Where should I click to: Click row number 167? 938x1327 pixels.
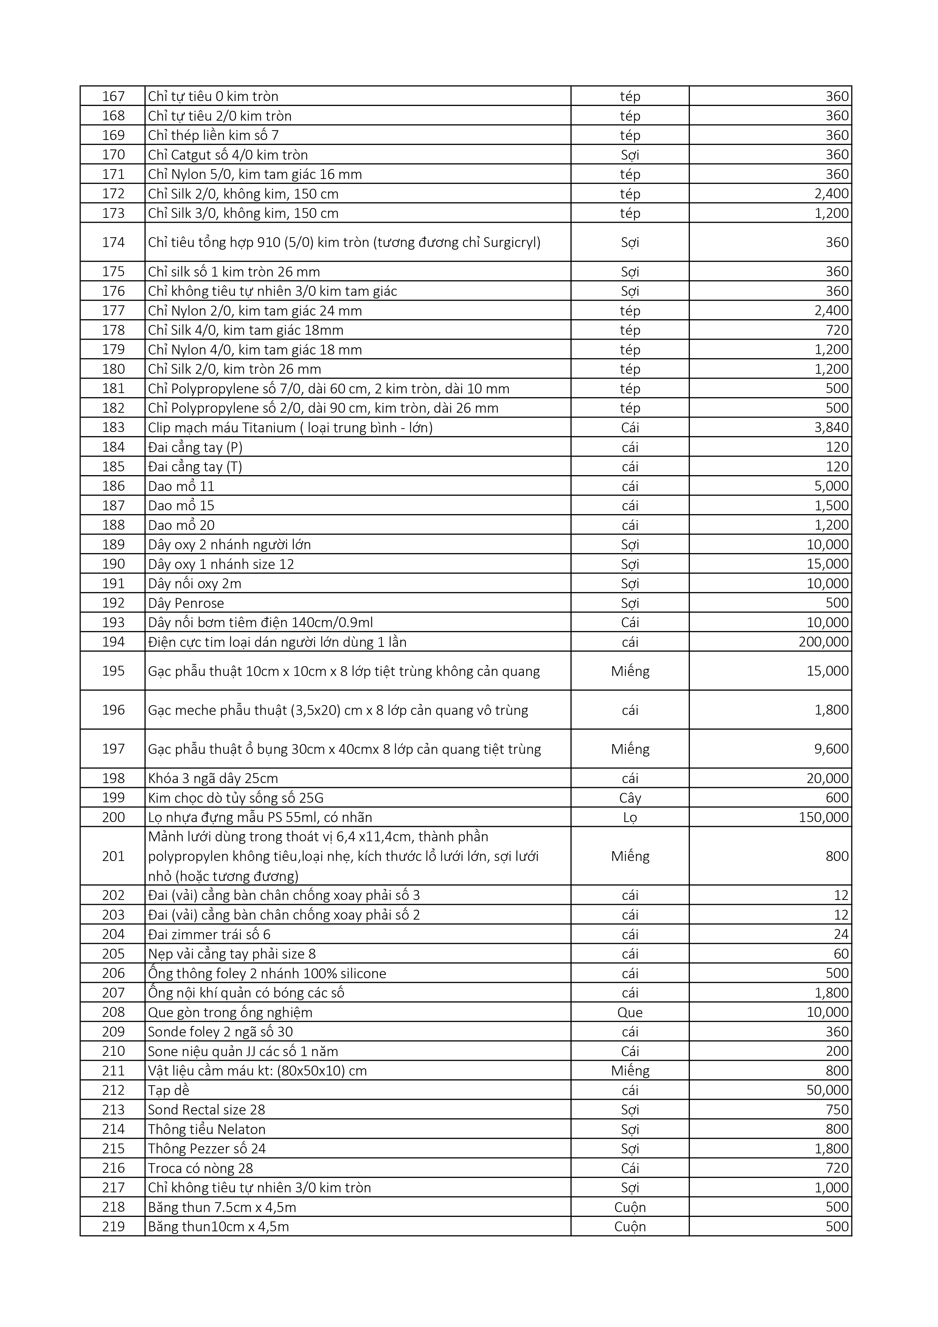tap(113, 96)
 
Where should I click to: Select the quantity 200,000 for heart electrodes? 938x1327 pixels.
tap(823, 642)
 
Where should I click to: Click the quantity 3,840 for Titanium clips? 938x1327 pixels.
tap(832, 428)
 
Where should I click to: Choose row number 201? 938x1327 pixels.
tap(113, 856)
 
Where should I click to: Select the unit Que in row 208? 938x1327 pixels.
tap(630, 1013)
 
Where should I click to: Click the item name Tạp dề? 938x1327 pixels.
tap(168, 1091)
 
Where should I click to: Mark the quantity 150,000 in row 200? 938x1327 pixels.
tap(823, 817)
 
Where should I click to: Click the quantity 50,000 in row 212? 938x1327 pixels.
tap(828, 1091)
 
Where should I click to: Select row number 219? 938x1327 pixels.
tap(113, 1226)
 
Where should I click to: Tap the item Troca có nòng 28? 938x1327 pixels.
tap(200, 1168)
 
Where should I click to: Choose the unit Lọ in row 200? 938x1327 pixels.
tap(630, 817)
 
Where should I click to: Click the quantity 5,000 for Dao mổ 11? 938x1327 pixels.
tap(832, 486)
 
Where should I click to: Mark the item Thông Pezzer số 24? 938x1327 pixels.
tap(207, 1148)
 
